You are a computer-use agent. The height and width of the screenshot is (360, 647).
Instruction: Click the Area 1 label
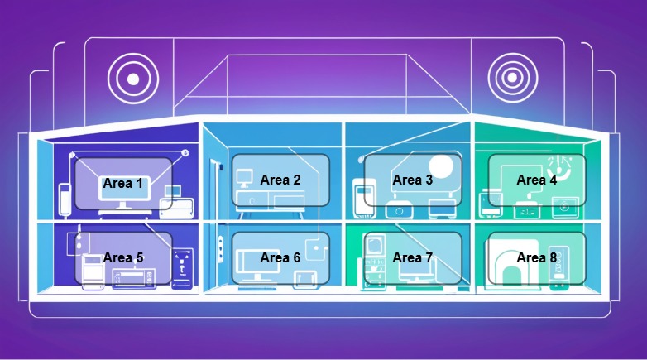pos(122,184)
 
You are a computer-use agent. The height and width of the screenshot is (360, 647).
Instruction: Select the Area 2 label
pos(280,180)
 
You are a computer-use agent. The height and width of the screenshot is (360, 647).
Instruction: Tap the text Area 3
pos(412,180)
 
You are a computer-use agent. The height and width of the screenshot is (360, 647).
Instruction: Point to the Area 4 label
pos(537,180)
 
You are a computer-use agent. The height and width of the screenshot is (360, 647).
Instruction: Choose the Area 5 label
pos(122,258)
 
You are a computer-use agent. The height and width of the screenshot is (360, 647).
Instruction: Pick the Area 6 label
pos(280,257)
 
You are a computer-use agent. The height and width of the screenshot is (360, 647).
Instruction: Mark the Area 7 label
pos(412,257)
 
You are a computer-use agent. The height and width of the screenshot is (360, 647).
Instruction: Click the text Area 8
pos(537,257)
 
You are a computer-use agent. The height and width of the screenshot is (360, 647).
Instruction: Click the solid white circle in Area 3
pos(441,166)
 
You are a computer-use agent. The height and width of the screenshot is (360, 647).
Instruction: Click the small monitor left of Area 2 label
pos(245,176)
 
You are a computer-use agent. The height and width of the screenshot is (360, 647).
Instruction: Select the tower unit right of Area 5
pos(183,268)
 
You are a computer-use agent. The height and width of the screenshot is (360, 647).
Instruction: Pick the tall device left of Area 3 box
pos(359,197)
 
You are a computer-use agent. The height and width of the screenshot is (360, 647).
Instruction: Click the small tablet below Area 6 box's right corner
pos(305,277)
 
